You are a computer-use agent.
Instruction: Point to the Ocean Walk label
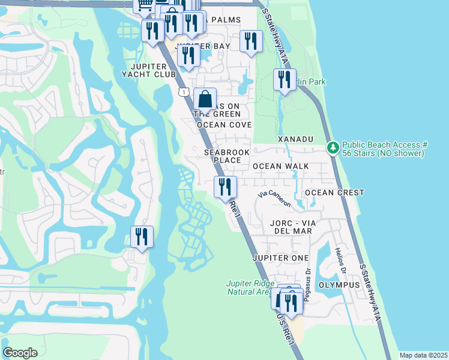[x=280, y=166]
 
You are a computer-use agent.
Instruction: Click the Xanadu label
[x=295, y=139]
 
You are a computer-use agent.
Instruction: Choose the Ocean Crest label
[x=334, y=193]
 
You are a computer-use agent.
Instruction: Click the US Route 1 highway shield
[x=184, y=91]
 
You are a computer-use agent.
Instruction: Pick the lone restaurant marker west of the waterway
[x=142, y=237]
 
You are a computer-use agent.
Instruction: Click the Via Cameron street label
[x=274, y=199]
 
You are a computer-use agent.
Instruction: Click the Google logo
[x=20, y=353]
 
